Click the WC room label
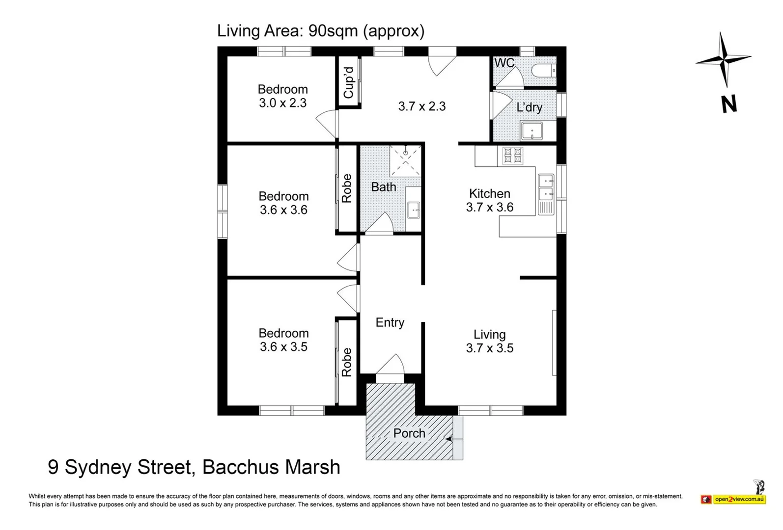click(x=504, y=63)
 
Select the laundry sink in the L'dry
click(x=531, y=132)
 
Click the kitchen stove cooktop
click(x=512, y=156)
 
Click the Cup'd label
click(x=348, y=82)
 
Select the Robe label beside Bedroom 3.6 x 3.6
click(x=347, y=188)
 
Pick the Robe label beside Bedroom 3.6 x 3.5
click(x=347, y=362)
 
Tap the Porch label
click(x=409, y=433)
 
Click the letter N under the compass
click(x=729, y=104)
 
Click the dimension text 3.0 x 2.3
click(x=282, y=103)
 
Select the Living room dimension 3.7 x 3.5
click(x=489, y=348)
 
